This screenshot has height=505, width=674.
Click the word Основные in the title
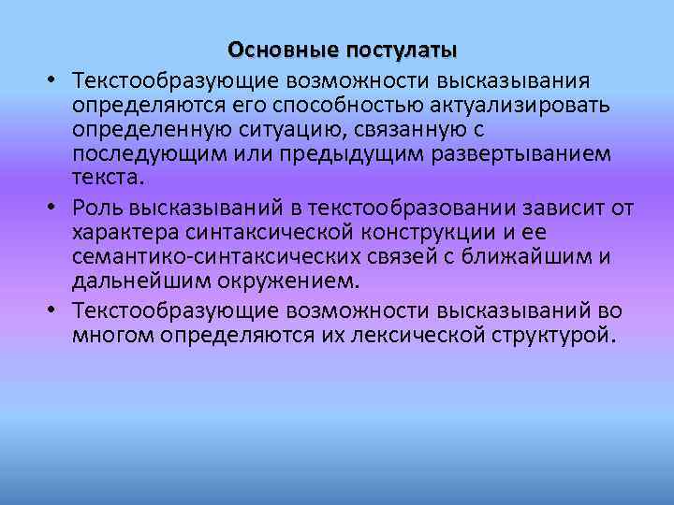click(x=284, y=48)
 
